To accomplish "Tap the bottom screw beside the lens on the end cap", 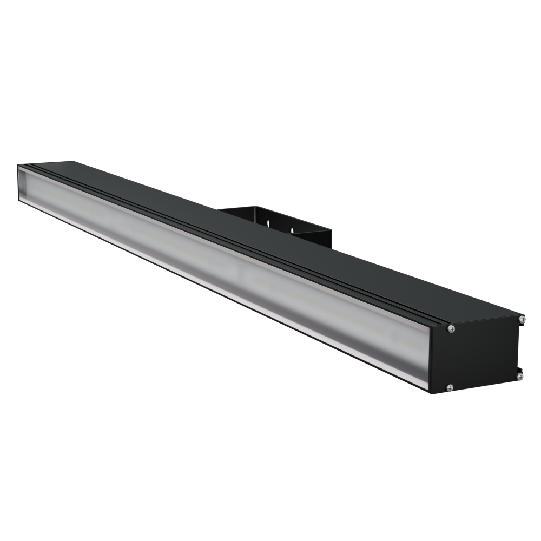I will click(x=450, y=387).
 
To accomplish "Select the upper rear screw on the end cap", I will click(x=521, y=320).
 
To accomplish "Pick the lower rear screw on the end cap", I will click(x=519, y=375).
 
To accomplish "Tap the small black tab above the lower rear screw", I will click(x=518, y=368).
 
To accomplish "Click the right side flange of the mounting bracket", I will click(x=325, y=238).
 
